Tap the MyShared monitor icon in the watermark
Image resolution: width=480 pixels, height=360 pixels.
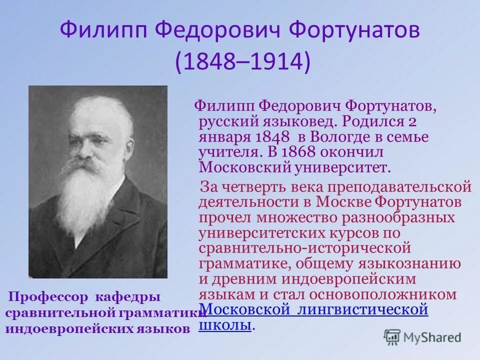pyautogui.click(x=392, y=336)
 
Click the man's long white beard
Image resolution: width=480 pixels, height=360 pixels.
pyautogui.click(x=92, y=195)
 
